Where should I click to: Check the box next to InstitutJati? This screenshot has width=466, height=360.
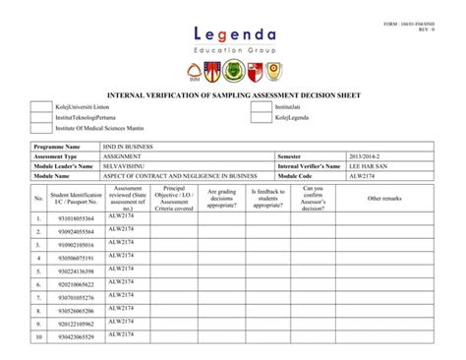pos(261,105)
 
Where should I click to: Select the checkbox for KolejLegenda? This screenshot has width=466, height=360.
pos(261,117)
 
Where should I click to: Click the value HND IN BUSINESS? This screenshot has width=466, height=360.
pos(128,146)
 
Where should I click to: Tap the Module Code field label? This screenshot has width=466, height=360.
pos(296,176)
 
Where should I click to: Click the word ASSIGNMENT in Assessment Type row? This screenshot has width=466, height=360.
pos(123,156)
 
